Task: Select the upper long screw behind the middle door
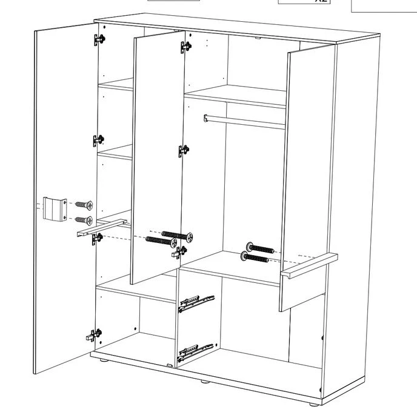coord(176,234)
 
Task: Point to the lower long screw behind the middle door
coord(161,241)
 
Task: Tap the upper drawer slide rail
coord(196,302)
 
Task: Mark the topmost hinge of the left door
coord(99,39)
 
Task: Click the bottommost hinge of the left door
coord(95,334)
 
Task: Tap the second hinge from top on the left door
coord(98,140)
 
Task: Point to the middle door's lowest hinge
coord(180,251)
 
